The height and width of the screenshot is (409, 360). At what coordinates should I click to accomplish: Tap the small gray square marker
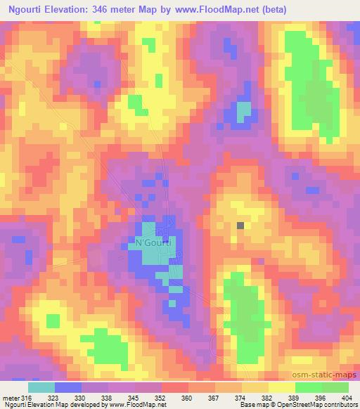241,226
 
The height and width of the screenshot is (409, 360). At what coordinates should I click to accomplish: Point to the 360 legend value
187,397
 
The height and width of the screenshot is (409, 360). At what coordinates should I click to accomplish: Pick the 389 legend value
294,397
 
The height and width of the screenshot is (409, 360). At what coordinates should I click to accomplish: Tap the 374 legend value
240,397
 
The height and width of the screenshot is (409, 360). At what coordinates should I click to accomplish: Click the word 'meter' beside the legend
11,397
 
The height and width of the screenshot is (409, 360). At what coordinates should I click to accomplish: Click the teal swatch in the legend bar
41,387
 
